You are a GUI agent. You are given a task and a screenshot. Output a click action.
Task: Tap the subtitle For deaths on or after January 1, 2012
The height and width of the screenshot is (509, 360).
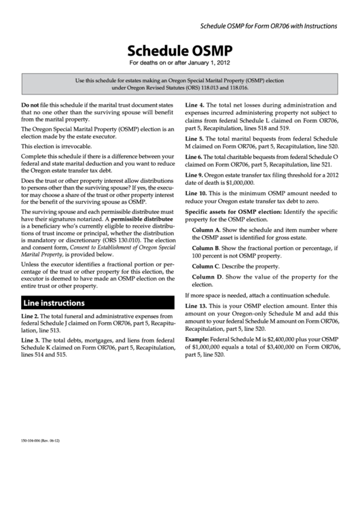[180, 64]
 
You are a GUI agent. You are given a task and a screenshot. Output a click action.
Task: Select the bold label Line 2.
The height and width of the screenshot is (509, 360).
[30, 318]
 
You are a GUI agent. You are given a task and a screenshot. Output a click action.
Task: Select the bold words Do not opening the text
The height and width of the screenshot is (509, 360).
[30, 106]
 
